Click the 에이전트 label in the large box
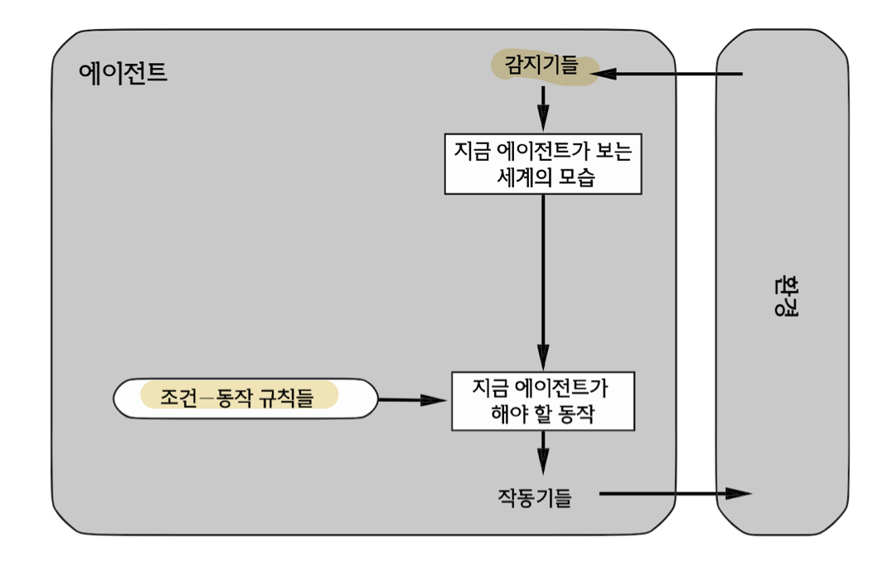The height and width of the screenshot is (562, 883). tap(123, 73)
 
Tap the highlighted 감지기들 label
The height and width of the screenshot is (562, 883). tap(541, 65)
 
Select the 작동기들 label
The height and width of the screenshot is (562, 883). tap(535, 497)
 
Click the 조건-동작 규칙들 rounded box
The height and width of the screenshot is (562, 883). tap(245, 398)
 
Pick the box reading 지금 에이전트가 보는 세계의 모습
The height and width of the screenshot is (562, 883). tap(543, 164)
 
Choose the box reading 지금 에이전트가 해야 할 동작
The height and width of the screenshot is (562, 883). tap(543, 401)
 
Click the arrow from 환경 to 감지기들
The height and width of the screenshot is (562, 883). tap(667, 73)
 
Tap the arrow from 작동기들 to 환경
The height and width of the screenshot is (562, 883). tap(675, 494)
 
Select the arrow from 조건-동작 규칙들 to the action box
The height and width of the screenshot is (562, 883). tap(412, 400)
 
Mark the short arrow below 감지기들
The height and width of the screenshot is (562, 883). tap(543, 109)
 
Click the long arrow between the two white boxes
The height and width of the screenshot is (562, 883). tap(543, 283)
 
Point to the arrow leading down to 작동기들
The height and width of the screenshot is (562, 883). tap(543, 453)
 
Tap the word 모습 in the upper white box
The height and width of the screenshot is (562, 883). tap(577, 177)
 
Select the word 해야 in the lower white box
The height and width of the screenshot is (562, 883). tap(509, 414)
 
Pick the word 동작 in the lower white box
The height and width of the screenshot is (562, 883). tap(576, 414)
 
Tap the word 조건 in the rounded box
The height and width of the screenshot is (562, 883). tap(179, 398)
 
